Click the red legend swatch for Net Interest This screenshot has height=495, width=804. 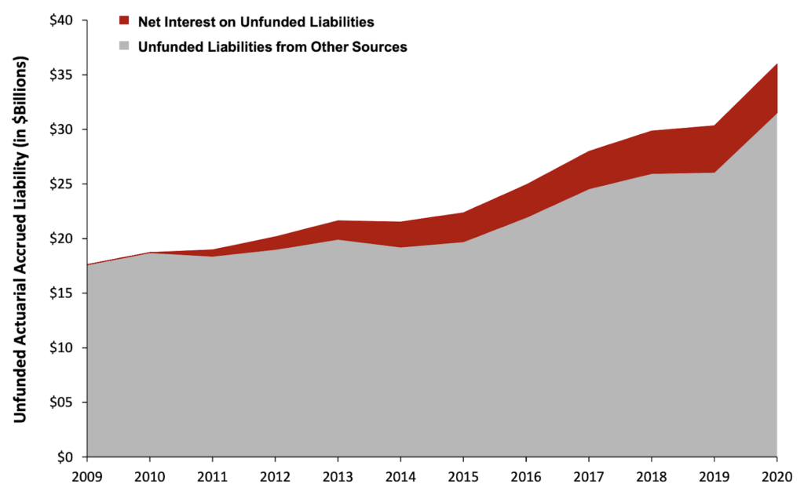coord(123,20)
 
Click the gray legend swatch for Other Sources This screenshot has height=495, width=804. coord(123,46)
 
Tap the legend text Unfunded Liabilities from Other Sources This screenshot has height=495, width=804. coord(272,46)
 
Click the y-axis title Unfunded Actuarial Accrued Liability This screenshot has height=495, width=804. coord(20,239)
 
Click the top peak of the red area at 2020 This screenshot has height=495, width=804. coord(777,64)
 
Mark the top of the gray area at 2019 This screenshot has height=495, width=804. coord(714,173)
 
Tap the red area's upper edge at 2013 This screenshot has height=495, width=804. coord(338,221)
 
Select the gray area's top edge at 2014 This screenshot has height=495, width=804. coord(400,247)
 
